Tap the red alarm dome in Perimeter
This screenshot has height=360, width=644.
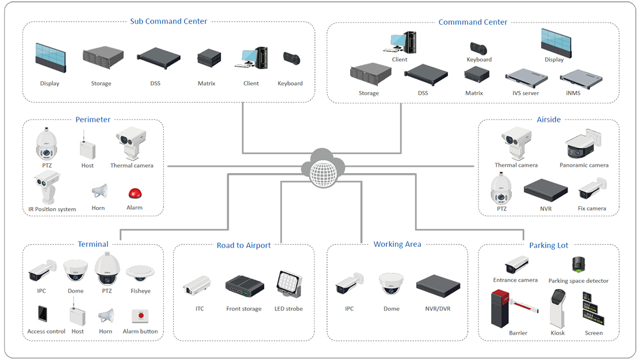pyautogui.click(x=134, y=194)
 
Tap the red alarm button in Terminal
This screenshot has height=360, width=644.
pyautogui.click(x=140, y=315)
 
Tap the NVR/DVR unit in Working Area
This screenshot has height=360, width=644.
pyautogui.click(x=438, y=284)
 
